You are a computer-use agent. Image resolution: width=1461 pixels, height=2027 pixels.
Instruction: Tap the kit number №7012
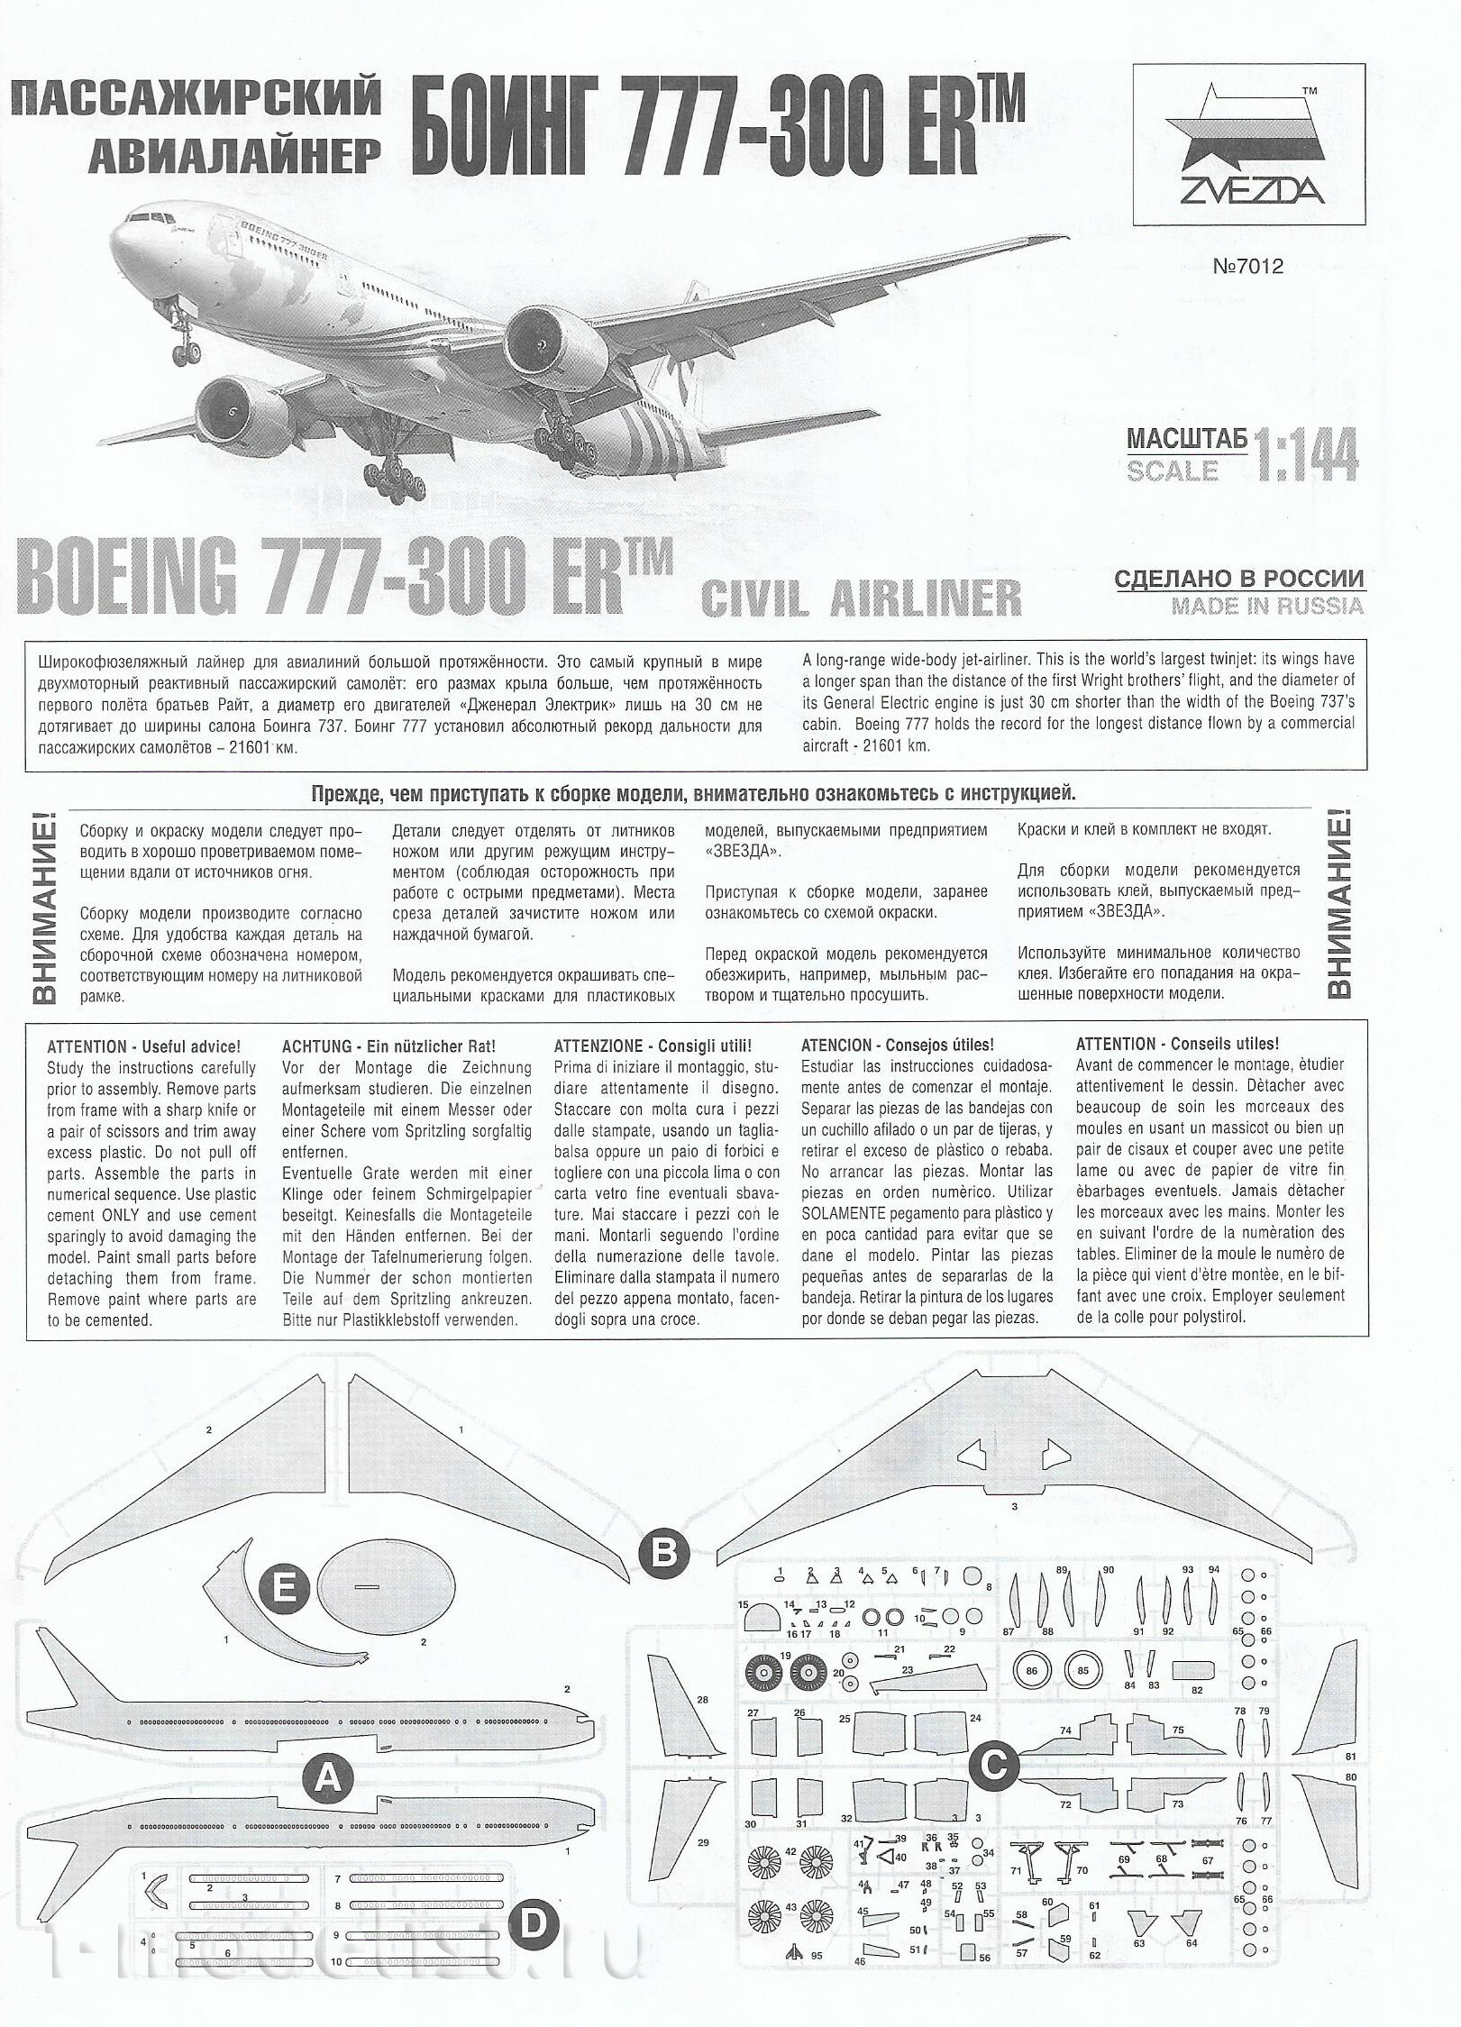[x=1246, y=266]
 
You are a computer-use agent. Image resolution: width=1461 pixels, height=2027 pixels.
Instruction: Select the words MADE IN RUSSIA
[x=1266, y=606]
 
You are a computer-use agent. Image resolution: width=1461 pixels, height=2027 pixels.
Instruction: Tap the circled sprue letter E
[x=284, y=1589]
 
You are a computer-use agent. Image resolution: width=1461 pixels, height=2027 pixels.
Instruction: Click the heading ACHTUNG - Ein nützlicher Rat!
[x=388, y=1046]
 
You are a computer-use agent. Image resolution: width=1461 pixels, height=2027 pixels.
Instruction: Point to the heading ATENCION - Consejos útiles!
[x=897, y=1046]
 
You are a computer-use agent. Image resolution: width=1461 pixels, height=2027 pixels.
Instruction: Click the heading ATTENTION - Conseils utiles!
[x=1176, y=1045]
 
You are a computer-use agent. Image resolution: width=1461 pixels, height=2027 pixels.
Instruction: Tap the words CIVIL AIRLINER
[x=861, y=598]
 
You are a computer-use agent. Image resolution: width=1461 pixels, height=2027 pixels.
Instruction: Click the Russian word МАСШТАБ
[x=1187, y=439]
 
